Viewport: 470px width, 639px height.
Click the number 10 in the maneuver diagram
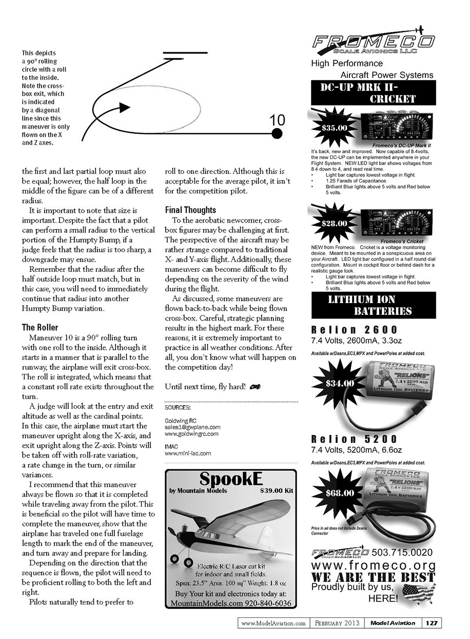[277, 120]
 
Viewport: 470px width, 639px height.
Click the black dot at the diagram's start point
[277, 134]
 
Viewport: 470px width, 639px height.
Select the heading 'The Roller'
[40, 327]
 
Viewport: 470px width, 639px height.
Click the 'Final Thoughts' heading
[190, 210]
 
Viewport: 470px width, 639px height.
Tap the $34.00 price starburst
[339, 383]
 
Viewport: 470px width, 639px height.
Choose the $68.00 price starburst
[339, 493]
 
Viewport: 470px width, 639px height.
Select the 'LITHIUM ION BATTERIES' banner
[373, 305]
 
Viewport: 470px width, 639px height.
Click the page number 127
[432, 623]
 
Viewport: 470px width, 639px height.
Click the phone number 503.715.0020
[403, 552]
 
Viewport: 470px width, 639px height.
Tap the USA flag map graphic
[419, 593]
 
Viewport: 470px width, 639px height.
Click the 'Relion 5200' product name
[354, 439]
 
